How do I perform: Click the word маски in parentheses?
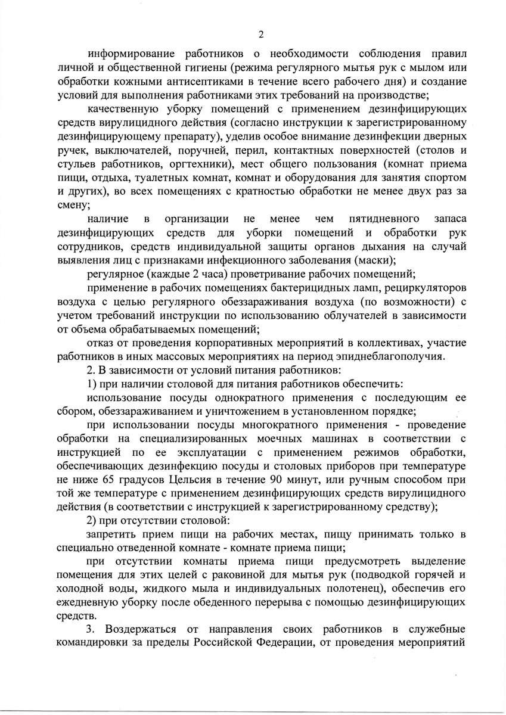413,259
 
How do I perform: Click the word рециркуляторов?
425,288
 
